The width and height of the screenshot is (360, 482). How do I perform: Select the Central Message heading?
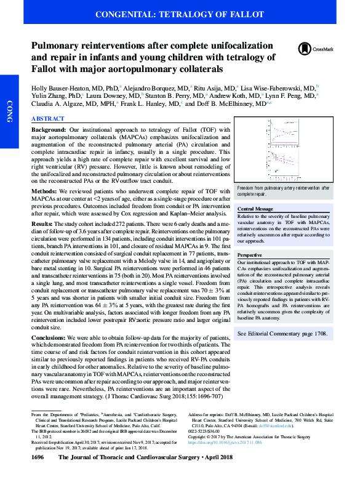pos(255,210)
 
